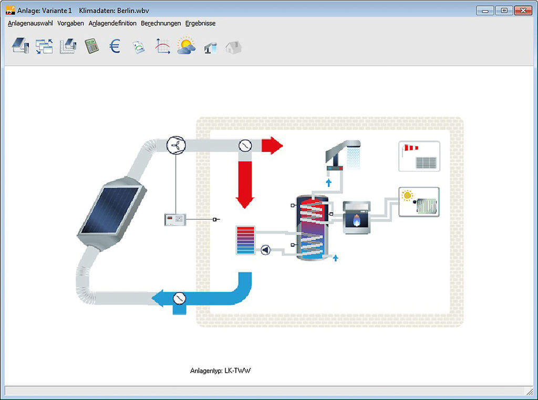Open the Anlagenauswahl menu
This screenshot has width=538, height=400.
coord(30,23)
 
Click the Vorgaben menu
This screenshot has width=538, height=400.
coord(71,23)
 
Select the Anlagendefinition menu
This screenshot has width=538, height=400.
coord(112,23)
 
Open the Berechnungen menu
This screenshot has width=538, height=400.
coord(161,23)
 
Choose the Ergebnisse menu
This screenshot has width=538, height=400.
coord(200,23)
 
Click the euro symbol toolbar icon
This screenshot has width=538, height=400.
coord(115,46)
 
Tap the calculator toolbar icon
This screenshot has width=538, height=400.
coord(91,46)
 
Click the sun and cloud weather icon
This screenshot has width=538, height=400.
coord(187,46)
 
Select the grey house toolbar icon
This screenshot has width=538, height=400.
coord(234,47)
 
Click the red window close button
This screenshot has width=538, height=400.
coord(523,10)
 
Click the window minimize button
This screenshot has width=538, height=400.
coord(485,10)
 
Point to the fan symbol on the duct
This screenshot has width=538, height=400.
coord(176,145)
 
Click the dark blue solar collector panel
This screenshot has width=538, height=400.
coord(109,209)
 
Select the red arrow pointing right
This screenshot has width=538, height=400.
coord(272,145)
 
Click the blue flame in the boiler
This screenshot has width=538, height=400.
coord(357,220)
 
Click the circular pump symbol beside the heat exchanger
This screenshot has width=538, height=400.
coord(265,250)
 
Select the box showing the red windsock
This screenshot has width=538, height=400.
coord(419,156)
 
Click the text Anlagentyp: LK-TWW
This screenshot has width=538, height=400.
coord(220,371)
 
